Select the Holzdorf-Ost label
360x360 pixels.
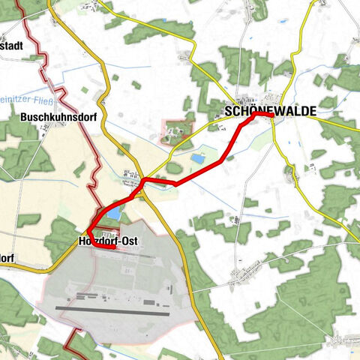(x=111, y=241)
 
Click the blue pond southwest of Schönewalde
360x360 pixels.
(x=199, y=159)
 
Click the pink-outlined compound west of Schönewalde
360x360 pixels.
(x=178, y=131)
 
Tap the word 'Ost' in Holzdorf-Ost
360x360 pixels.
(x=133, y=241)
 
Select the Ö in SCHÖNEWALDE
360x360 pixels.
(x=255, y=111)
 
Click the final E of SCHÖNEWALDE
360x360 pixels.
(x=312, y=112)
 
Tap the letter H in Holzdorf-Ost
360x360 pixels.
(x=82, y=241)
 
